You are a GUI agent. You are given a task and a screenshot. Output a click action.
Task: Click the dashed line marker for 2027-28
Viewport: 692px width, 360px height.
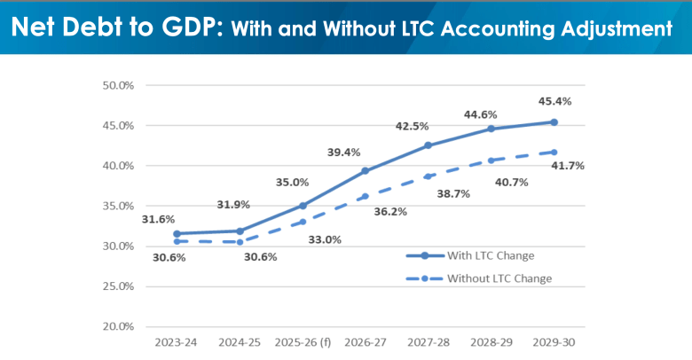pyautogui.click(x=428, y=176)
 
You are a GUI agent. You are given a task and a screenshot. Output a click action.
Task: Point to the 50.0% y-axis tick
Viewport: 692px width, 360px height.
pyautogui.click(x=118, y=86)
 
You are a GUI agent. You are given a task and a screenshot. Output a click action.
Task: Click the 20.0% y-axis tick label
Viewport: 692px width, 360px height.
pyautogui.click(x=118, y=326)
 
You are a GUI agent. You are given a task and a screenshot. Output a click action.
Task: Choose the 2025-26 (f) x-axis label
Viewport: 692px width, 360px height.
pyautogui.click(x=303, y=340)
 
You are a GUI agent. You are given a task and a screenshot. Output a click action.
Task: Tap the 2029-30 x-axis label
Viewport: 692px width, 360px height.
pyautogui.click(x=554, y=340)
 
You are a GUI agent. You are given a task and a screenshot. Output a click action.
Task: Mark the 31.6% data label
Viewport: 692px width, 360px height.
pyautogui.click(x=158, y=219)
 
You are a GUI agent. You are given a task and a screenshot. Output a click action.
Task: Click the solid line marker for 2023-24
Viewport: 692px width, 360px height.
pyautogui.click(x=177, y=233)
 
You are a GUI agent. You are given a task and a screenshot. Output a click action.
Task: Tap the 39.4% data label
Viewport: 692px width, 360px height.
pyautogui.click(x=343, y=153)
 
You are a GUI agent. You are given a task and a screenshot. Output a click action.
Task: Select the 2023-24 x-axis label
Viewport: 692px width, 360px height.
pyautogui.click(x=177, y=340)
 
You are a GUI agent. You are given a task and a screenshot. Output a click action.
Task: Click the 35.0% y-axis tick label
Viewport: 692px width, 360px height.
pyautogui.click(x=118, y=206)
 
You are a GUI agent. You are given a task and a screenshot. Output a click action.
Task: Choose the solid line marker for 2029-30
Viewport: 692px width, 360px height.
pyautogui.click(x=554, y=122)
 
